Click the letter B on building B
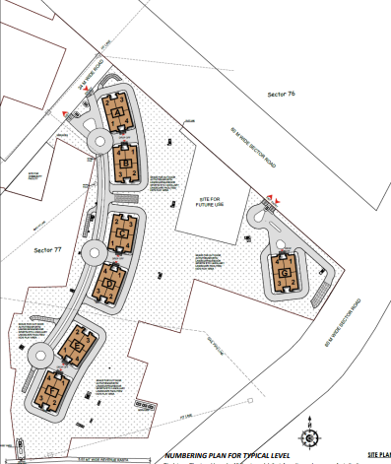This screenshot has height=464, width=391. tap(127, 164)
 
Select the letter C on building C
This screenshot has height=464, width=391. tap(120, 235)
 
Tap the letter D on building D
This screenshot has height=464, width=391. tap(110, 286)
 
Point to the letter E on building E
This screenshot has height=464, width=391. tap(74, 346)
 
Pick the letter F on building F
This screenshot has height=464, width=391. tap(51, 391)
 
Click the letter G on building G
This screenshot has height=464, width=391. tap(284, 272)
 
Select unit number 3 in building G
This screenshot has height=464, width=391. tap(279, 283)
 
